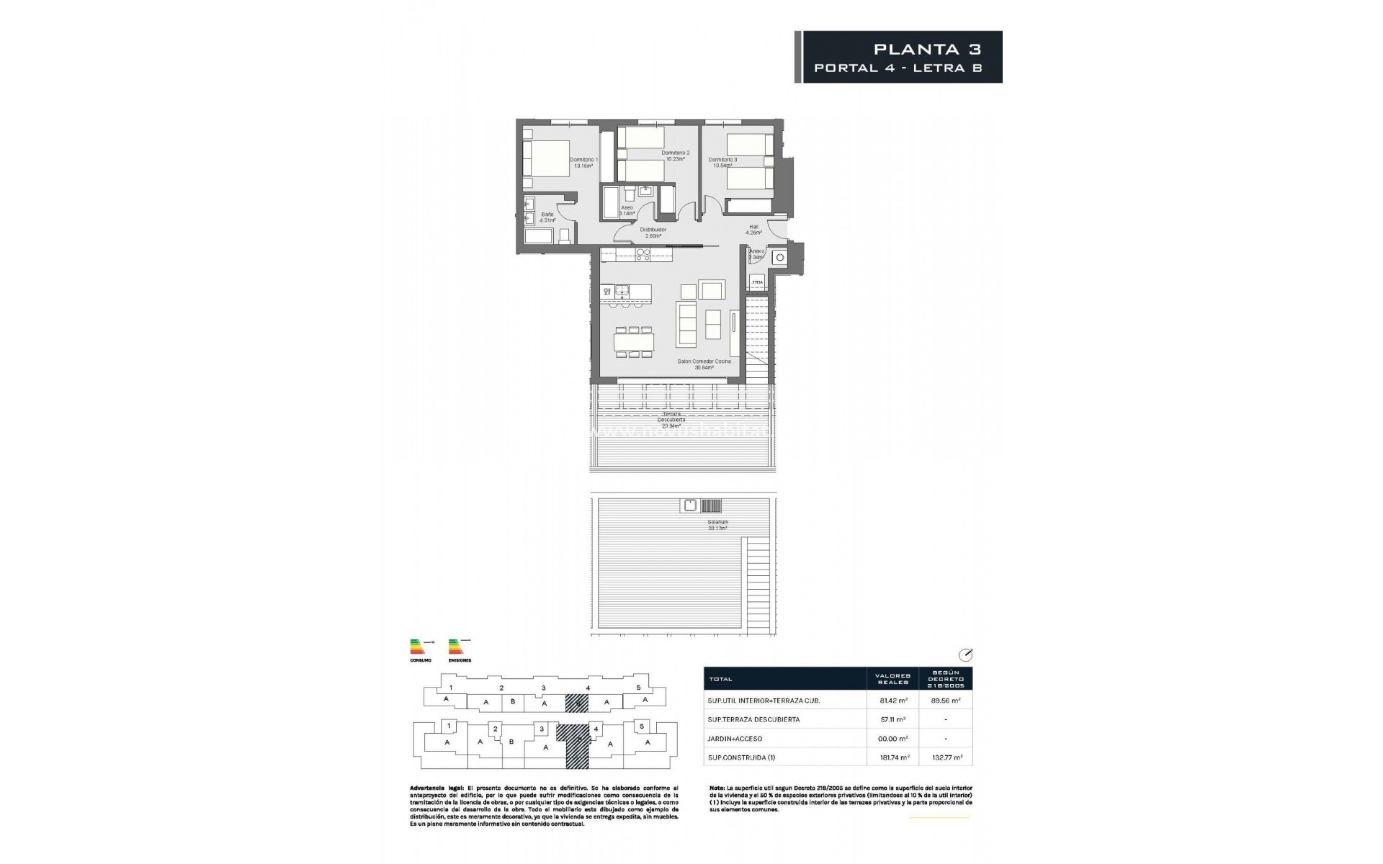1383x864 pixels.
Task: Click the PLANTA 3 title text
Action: coord(927,49)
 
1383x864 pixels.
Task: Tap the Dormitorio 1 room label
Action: coord(583,163)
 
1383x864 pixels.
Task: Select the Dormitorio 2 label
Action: coord(676,156)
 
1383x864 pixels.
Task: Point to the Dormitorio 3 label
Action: coord(722,163)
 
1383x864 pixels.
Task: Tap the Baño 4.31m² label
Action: coord(547,217)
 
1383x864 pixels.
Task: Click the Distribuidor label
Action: coord(653,233)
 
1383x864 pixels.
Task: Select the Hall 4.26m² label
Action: coord(753,230)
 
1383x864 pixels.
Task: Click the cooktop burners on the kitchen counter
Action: coord(643,254)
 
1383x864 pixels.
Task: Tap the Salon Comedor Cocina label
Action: coord(704,364)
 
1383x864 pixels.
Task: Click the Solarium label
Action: coord(717,525)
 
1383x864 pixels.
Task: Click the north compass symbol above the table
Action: coord(966,655)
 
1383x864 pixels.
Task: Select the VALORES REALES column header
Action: coord(893,679)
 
